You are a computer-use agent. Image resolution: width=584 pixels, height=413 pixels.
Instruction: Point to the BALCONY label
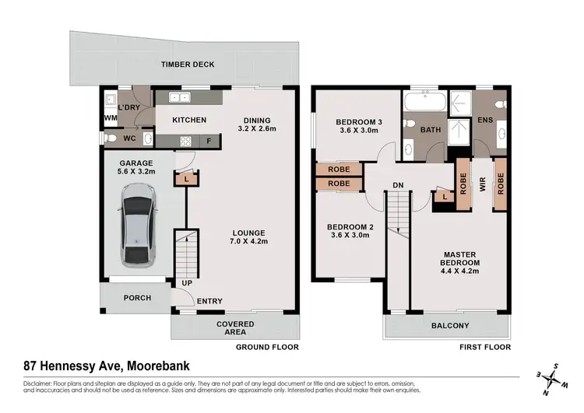click(449, 325)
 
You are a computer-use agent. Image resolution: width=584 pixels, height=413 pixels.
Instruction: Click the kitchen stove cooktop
click(187, 141)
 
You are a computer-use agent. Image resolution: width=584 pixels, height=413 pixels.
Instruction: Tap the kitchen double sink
click(180, 98)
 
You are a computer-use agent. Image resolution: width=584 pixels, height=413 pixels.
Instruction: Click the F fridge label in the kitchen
click(209, 142)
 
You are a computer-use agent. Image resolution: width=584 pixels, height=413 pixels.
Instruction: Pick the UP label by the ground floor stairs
click(187, 283)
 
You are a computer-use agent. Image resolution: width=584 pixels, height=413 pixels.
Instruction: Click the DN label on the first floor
click(397, 184)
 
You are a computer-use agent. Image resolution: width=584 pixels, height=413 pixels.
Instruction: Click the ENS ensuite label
click(484, 120)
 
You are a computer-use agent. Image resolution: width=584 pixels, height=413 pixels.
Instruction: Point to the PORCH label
click(137, 298)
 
